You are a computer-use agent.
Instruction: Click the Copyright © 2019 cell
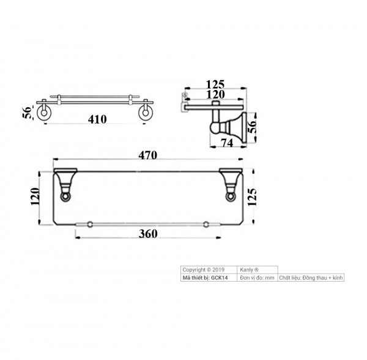[204, 269]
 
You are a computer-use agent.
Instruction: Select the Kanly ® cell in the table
[251, 269]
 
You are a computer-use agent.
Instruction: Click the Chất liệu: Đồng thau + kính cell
[311, 277]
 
